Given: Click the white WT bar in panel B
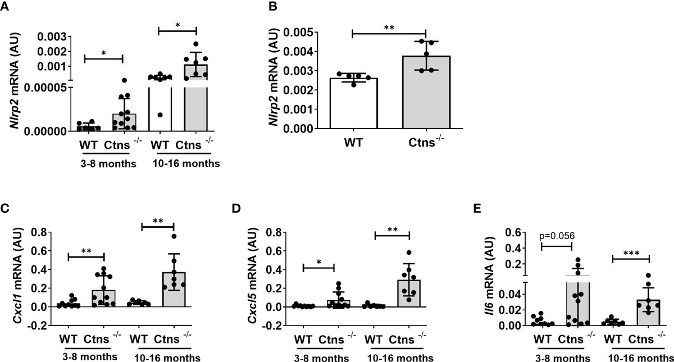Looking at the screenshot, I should tap(353, 104).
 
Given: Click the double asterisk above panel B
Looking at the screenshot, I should tap(389, 26).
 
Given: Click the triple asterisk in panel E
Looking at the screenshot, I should tap(630, 252).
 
